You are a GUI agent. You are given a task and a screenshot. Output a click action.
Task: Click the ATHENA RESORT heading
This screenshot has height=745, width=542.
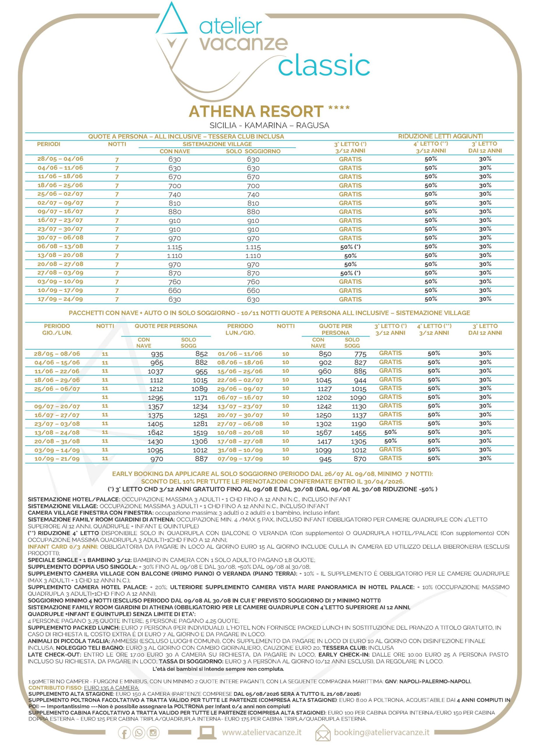[x=256, y=112]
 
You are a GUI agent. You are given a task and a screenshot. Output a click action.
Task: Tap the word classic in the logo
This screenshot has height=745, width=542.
[x=324, y=66]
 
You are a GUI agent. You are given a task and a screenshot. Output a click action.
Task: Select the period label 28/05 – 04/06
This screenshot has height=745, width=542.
[x=60, y=159]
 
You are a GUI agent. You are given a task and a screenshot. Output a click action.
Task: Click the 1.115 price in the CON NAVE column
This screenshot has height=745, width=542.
[x=174, y=247]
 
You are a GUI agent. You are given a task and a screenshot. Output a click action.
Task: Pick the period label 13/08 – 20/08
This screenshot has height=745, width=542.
[x=60, y=256]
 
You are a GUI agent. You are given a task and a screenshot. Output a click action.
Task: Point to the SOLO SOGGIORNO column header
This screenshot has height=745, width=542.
[x=253, y=151]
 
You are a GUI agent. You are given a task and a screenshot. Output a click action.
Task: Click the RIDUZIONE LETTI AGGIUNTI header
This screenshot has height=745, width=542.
[x=440, y=136]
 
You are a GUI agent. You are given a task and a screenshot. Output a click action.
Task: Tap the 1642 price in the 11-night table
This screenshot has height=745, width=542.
[x=155, y=433]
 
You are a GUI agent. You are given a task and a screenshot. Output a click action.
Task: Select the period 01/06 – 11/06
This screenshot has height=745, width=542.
[x=240, y=354]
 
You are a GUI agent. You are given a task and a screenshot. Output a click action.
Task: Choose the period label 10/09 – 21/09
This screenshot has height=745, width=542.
[x=57, y=459]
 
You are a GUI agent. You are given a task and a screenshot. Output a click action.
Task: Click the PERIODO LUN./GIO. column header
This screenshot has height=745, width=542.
[x=240, y=329]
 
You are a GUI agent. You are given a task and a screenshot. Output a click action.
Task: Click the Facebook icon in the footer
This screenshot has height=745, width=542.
[x=124, y=733]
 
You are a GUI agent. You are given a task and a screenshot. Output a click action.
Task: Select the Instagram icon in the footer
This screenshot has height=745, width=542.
[x=153, y=733]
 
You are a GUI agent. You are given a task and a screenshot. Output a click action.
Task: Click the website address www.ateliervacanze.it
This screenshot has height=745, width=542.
[x=262, y=733]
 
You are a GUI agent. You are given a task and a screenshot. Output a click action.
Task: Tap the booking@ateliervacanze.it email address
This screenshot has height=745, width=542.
[x=382, y=733]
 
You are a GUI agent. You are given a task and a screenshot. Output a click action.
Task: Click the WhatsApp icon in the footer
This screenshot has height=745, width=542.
[x=139, y=733]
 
